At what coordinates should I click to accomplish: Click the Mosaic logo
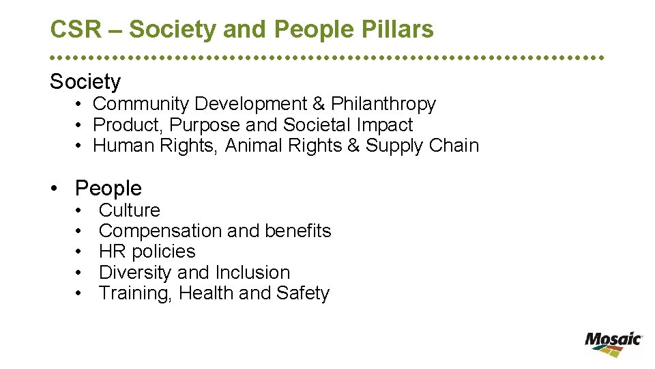tap(613, 343)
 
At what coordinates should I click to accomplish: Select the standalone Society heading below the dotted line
tap(85, 82)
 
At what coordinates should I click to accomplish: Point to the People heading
tap(108, 188)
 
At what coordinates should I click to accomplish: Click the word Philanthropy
tap(383, 104)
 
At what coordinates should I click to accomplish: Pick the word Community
tap(141, 104)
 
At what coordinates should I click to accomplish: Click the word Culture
tap(130, 210)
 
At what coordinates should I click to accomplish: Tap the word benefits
tap(298, 231)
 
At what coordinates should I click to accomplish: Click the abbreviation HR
tap(113, 251)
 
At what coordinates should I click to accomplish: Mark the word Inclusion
tap(252, 272)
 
